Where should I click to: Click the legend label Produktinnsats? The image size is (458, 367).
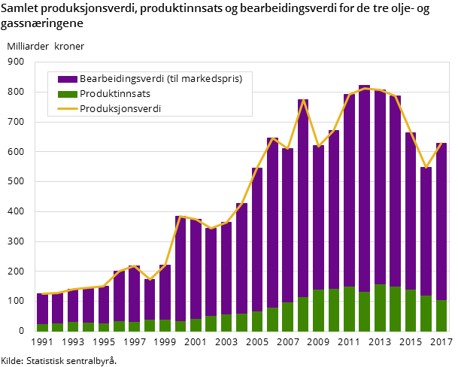(115, 93)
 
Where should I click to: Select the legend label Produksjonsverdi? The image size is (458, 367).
(120, 108)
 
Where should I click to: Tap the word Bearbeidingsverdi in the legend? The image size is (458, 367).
(120, 79)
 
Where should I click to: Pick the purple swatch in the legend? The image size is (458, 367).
(67, 79)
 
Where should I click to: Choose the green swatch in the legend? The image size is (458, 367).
(67, 94)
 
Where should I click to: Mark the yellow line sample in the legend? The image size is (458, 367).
(67, 109)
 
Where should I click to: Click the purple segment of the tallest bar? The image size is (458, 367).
(365, 188)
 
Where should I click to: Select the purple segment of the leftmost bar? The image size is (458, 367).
(42, 309)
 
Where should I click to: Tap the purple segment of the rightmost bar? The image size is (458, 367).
(441, 222)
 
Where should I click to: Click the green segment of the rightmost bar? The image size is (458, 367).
(441, 316)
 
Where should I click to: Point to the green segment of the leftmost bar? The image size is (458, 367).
(42, 328)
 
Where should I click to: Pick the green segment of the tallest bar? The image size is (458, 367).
(365, 311)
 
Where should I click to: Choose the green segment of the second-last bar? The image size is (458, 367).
(426, 314)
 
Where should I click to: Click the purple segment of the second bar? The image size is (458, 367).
(57, 308)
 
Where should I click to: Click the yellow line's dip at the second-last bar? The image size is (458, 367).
(426, 167)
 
